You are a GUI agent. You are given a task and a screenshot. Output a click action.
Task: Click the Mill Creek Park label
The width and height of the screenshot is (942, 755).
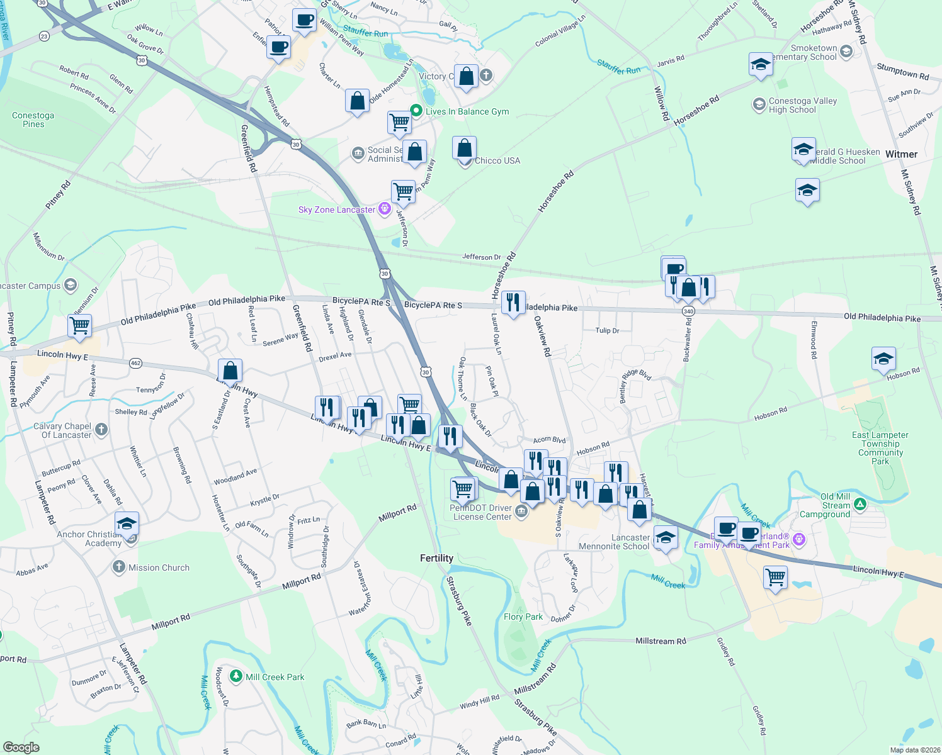click(275, 677)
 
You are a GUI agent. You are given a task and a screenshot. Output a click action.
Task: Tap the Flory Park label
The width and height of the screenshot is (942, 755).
click(523, 617)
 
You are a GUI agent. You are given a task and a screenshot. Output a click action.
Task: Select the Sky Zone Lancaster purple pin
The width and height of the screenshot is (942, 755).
click(384, 210)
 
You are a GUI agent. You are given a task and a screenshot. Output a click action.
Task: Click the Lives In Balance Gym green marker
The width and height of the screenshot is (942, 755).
click(416, 111)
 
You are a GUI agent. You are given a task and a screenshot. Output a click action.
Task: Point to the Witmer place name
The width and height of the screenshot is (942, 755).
click(901, 154)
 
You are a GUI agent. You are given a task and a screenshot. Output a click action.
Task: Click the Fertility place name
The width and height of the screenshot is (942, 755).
click(436, 558)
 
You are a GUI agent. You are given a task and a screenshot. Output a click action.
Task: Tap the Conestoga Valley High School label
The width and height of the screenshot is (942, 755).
click(802, 105)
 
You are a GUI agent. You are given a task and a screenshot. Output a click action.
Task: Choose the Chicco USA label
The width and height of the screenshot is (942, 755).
click(497, 160)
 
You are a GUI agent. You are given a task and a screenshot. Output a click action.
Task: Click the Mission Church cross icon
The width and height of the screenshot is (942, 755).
click(118, 567)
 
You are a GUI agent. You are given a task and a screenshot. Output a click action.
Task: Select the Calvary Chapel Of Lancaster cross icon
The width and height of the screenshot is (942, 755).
click(101, 430)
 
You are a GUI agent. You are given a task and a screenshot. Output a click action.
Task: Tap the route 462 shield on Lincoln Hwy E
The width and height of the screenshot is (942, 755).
click(135, 363)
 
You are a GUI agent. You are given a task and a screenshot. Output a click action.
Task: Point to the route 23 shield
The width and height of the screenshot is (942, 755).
click(43, 36)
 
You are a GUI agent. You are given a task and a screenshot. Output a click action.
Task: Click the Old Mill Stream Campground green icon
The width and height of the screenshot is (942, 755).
click(860, 505)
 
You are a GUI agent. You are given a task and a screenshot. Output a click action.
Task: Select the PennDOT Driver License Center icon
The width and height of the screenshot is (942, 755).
click(521, 511)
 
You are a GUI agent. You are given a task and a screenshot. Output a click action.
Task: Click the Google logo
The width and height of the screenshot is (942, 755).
click(21, 747)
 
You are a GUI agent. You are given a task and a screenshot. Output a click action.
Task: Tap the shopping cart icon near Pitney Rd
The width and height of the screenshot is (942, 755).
click(80, 326)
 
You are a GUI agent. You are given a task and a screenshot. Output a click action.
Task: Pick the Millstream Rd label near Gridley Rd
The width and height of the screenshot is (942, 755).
click(661, 641)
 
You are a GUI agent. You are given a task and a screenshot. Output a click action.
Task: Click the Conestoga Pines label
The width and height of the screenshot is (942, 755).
click(33, 120)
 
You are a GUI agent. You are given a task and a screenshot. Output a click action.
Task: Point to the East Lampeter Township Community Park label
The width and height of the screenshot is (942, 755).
click(880, 448)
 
